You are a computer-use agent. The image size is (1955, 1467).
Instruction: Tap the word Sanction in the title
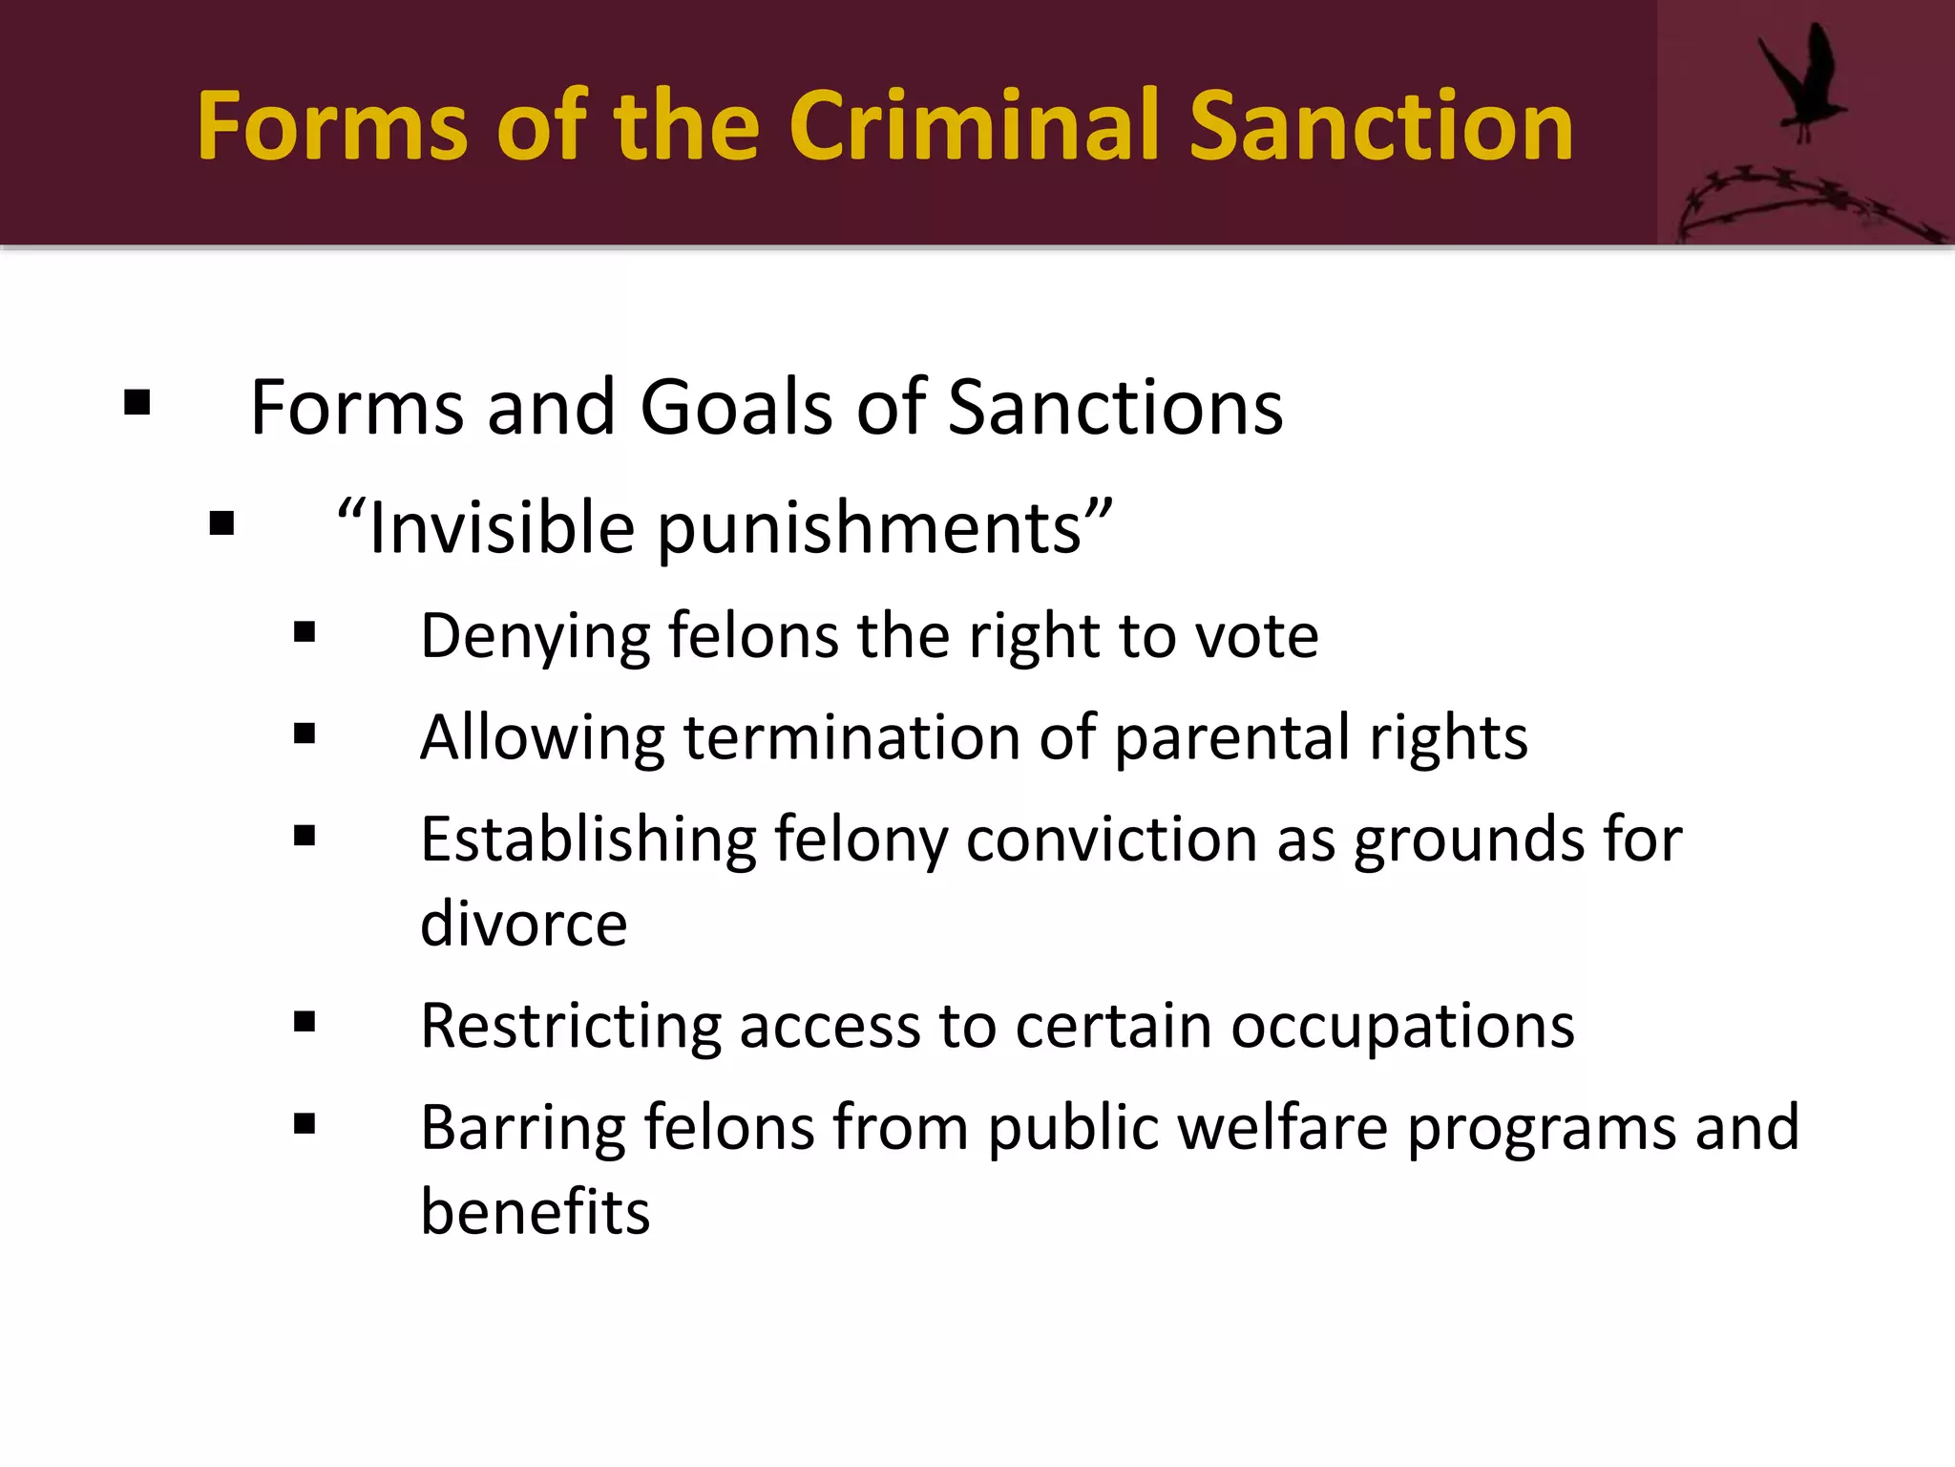click(x=1380, y=126)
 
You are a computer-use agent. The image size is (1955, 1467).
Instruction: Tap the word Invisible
click(x=501, y=527)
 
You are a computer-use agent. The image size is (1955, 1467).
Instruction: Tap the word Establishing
click(x=588, y=840)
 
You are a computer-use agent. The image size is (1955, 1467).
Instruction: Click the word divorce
click(x=523, y=924)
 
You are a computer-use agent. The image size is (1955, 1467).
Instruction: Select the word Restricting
click(x=570, y=1026)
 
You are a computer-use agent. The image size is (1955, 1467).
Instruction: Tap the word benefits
click(x=535, y=1211)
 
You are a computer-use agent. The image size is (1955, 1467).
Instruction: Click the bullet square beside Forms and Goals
click(x=137, y=403)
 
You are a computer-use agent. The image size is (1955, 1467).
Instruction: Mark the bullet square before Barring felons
click(x=305, y=1123)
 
